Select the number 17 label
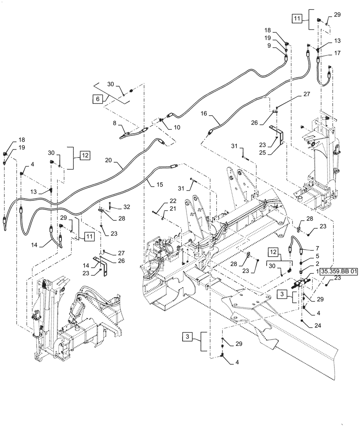point(337,53)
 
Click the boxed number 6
point(97,99)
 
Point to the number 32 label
point(126,207)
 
